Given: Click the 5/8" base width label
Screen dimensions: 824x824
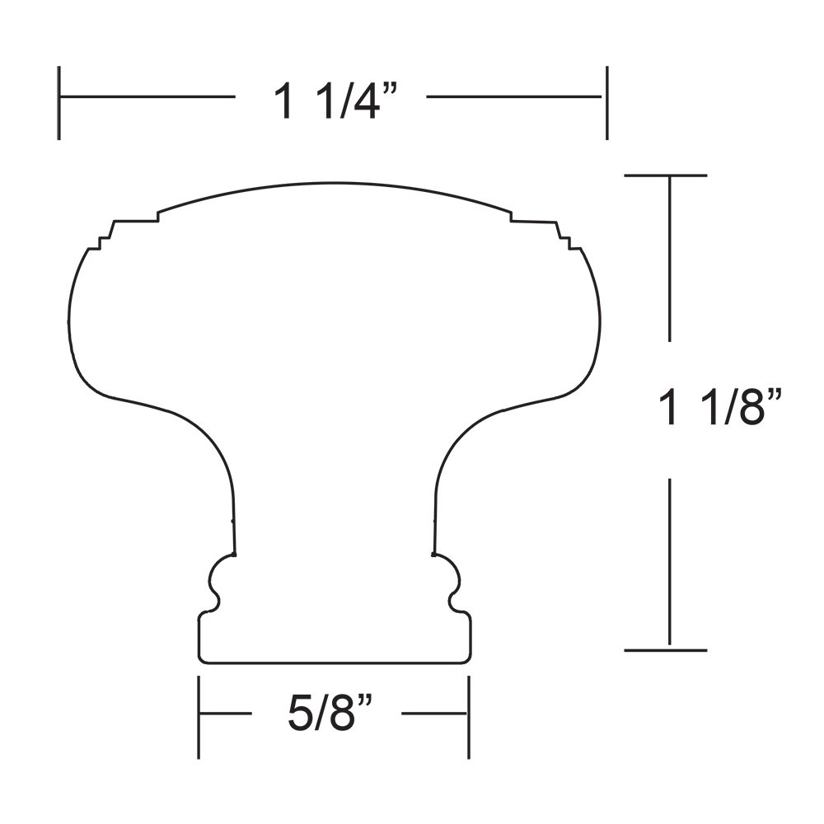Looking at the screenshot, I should [x=331, y=714].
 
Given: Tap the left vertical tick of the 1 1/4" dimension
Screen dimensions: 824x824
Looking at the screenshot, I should [x=59, y=103].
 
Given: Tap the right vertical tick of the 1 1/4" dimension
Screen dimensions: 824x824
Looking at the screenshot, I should [x=607, y=103].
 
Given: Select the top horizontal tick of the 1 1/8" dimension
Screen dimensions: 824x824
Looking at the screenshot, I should [x=666, y=176].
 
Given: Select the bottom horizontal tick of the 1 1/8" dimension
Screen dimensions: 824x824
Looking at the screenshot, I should [x=666, y=650].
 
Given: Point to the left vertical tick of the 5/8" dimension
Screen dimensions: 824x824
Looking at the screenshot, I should [x=199, y=717].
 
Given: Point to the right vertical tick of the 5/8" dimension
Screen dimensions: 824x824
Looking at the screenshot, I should [x=469, y=717].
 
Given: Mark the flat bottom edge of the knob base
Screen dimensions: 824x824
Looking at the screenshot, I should [x=334, y=662].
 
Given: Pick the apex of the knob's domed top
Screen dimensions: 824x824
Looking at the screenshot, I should [x=334, y=183].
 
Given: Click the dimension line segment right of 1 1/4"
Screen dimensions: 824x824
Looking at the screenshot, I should [x=515, y=97].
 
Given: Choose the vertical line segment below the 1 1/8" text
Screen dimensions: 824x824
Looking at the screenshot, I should [x=669, y=560].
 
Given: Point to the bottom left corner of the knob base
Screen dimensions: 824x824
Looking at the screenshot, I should [x=200, y=659].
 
